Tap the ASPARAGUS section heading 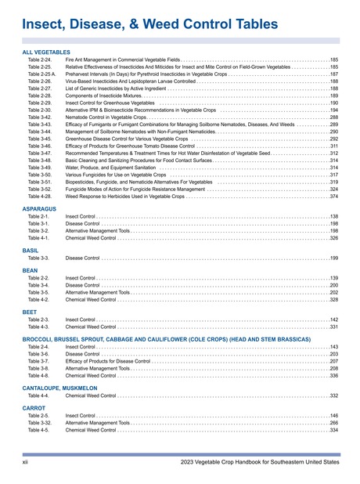pyautogui.click(x=39, y=209)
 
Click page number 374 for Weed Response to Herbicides pyautogui.click(x=333, y=197)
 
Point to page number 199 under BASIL pyautogui.click(x=333, y=258)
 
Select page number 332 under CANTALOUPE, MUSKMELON pyautogui.click(x=333, y=396)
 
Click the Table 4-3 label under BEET pyautogui.click(x=38, y=327)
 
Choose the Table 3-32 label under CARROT pyautogui.click(x=39, y=423)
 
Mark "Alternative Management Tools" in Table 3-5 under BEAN pyautogui.click(x=98, y=292)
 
